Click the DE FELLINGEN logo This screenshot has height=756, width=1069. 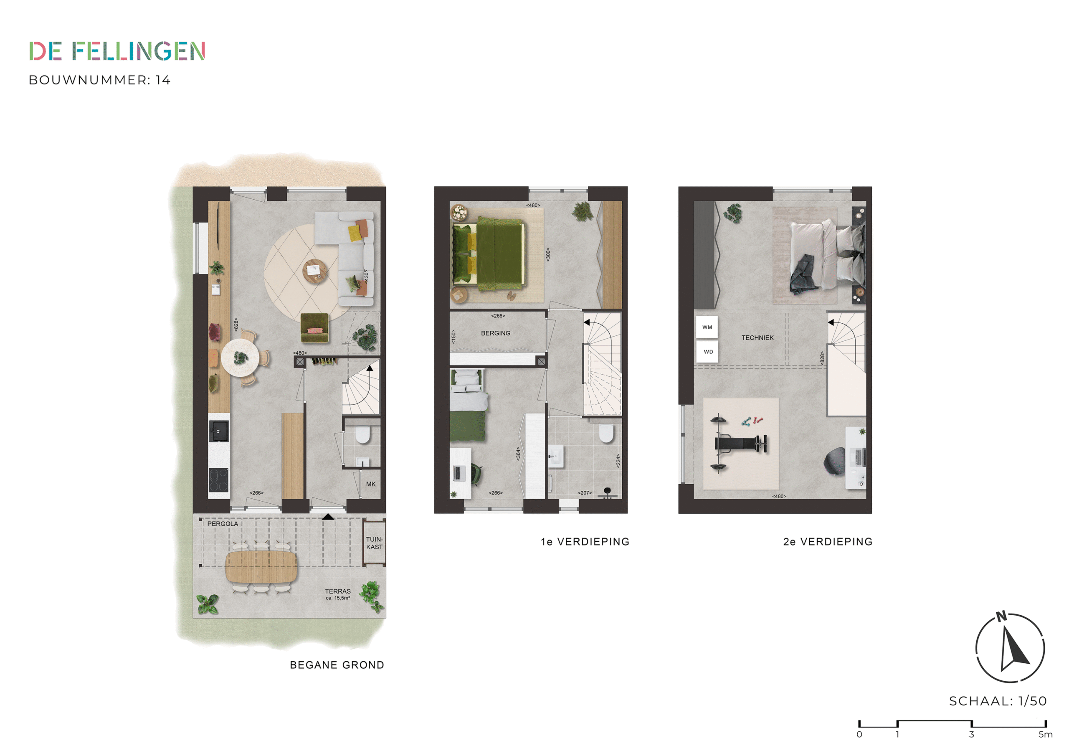click(117, 51)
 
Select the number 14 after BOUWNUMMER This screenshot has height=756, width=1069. click(163, 80)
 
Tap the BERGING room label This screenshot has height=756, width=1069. click(495, 333)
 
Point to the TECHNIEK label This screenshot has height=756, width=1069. click(757, 338)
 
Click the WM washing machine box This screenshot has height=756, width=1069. click(707, 327)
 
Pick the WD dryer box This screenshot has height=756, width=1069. click(707, 352)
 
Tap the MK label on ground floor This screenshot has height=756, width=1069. click(371, 484)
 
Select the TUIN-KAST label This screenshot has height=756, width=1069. click(374, 543)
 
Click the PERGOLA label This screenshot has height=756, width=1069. click(223, 524)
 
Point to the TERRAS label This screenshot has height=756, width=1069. click(337, 591)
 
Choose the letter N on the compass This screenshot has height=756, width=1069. click(1001, 617)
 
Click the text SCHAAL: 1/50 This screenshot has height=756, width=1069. click(998, 701)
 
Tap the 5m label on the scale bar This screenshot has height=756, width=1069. click(1045, 735)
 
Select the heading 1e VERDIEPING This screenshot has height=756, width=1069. click(585, 542)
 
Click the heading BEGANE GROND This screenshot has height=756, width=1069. click(337, 665)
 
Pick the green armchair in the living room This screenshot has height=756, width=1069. click(315, 327)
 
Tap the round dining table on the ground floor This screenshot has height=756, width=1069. click(240, 358)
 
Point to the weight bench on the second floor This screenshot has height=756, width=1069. click(741, 444)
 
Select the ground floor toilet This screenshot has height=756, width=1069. click(362, 434)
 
